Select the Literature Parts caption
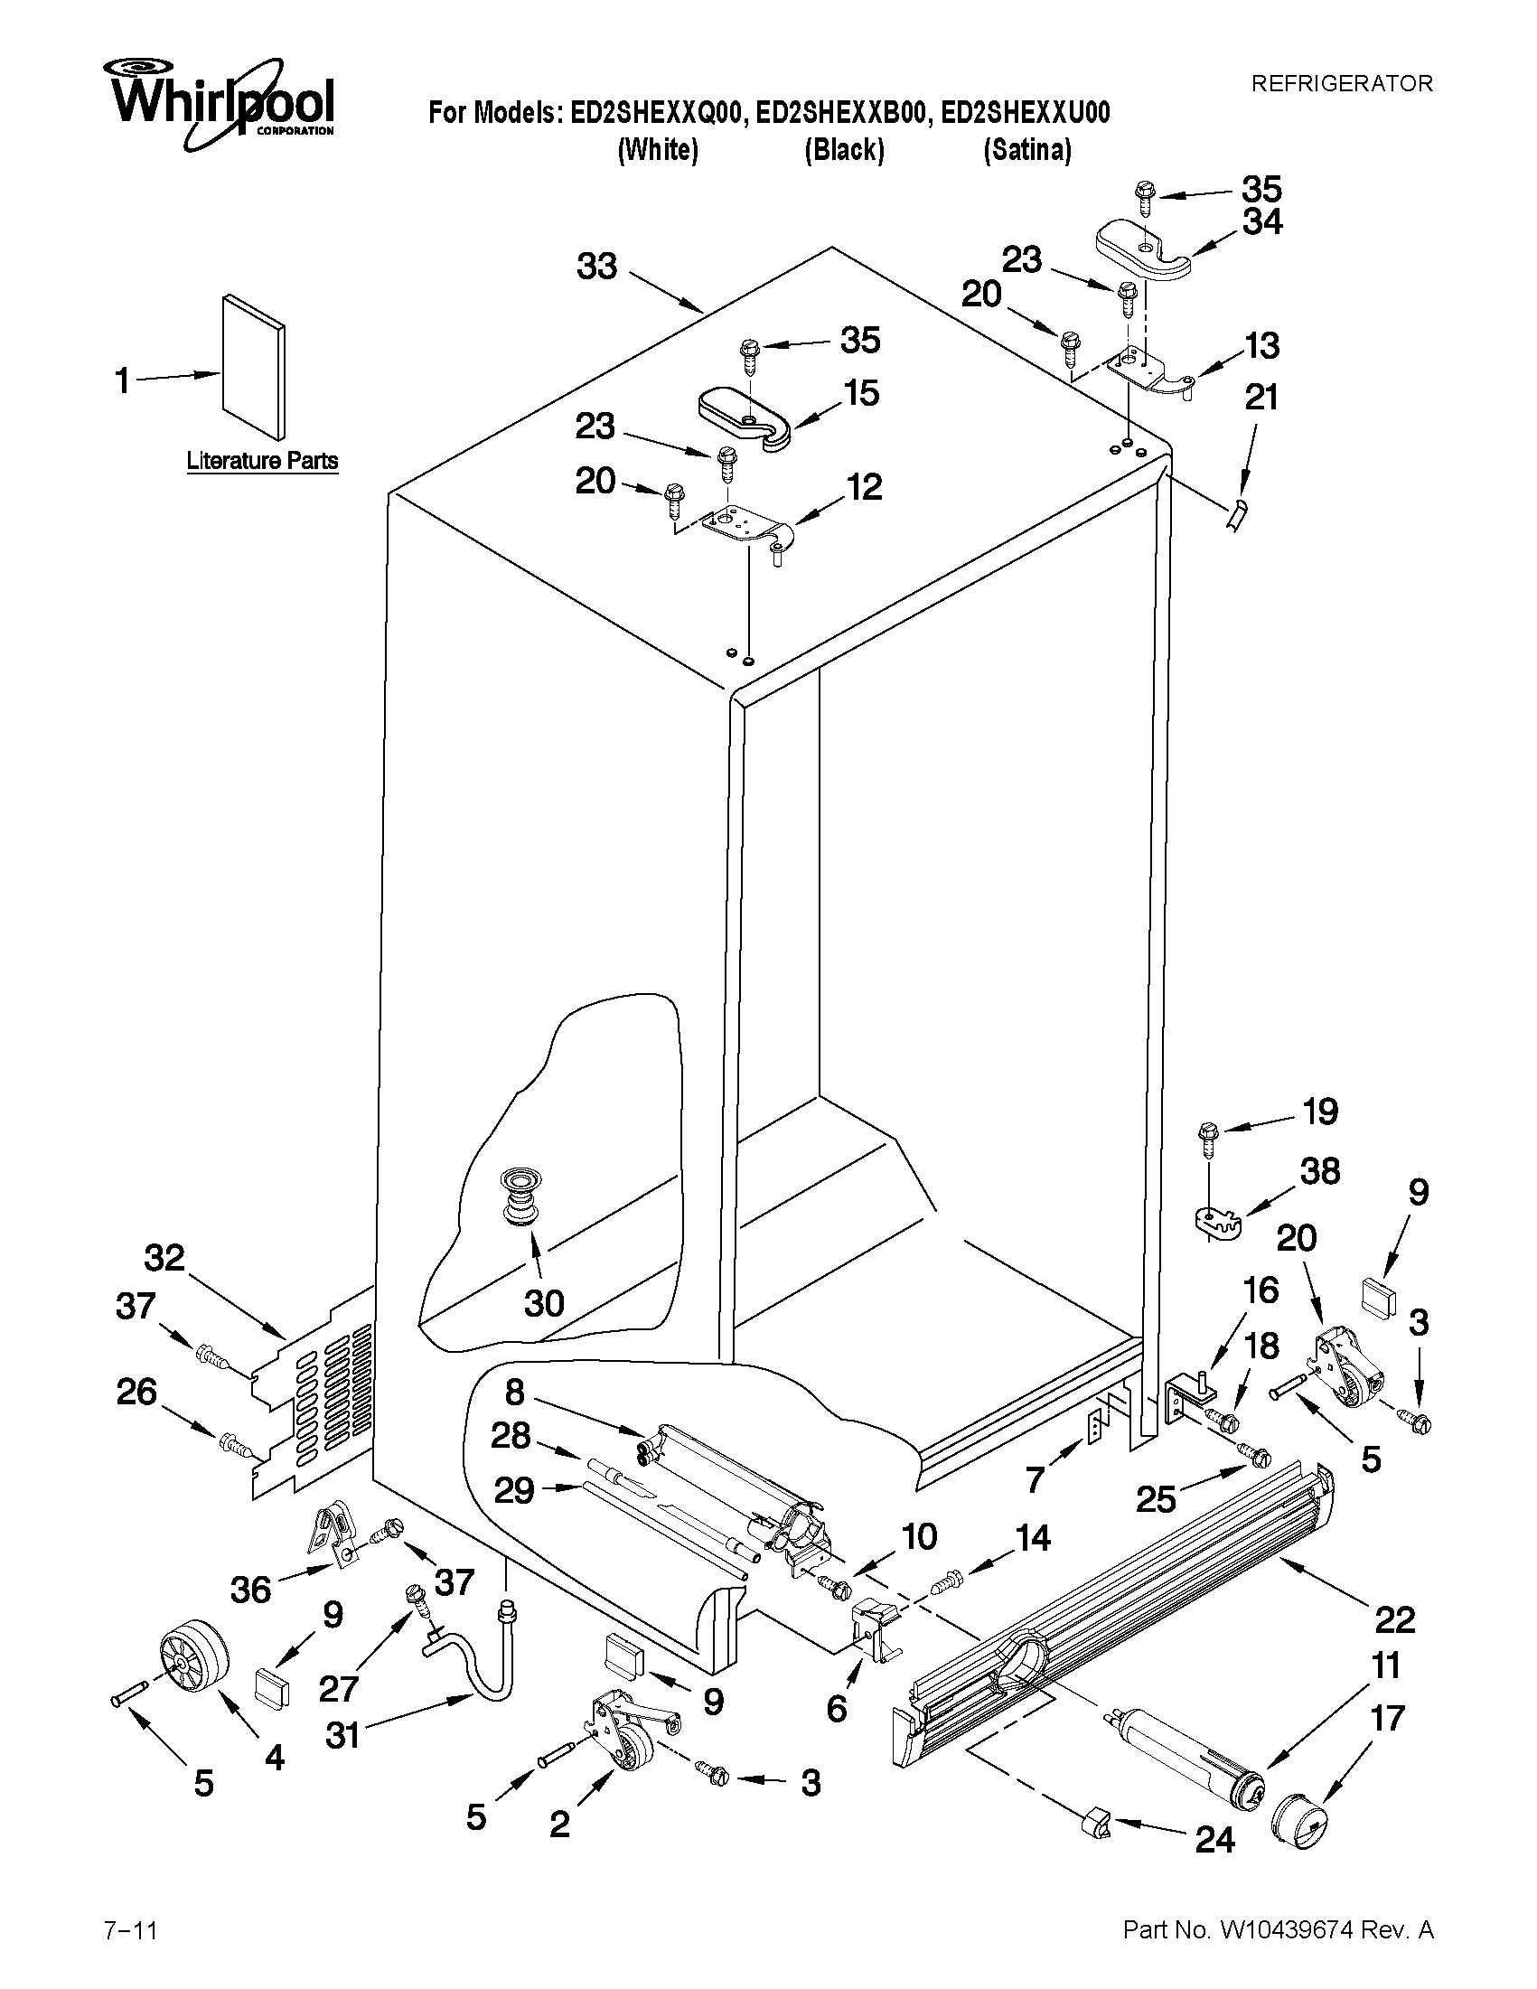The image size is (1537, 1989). click(x=262, y=461)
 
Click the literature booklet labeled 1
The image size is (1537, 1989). click(x=253, y=366)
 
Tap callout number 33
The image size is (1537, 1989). click(x=597, y=267)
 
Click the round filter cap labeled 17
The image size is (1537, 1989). click(x=1299, y=1827)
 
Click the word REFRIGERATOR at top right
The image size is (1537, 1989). click(x=1341, y=84)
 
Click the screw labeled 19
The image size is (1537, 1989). click(x=1206, y=1139)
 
